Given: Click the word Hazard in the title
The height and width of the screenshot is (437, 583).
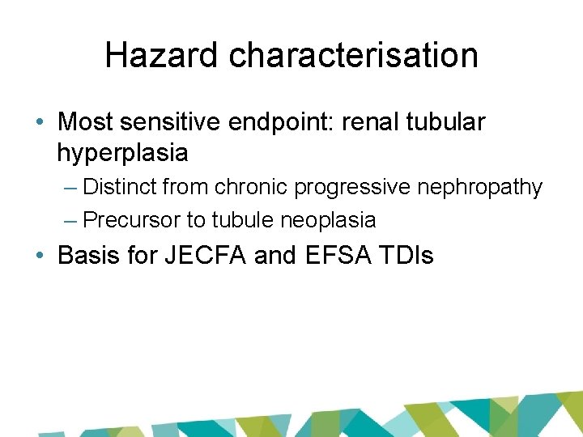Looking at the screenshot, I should click(162, 55).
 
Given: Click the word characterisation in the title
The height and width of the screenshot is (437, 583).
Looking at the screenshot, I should click(353, 55).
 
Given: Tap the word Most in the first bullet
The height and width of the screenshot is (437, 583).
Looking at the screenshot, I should click(85, 122).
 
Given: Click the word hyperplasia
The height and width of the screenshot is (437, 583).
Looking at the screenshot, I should click(122, 152).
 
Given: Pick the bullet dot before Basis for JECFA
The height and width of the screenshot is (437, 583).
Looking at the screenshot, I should click(40, 257).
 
